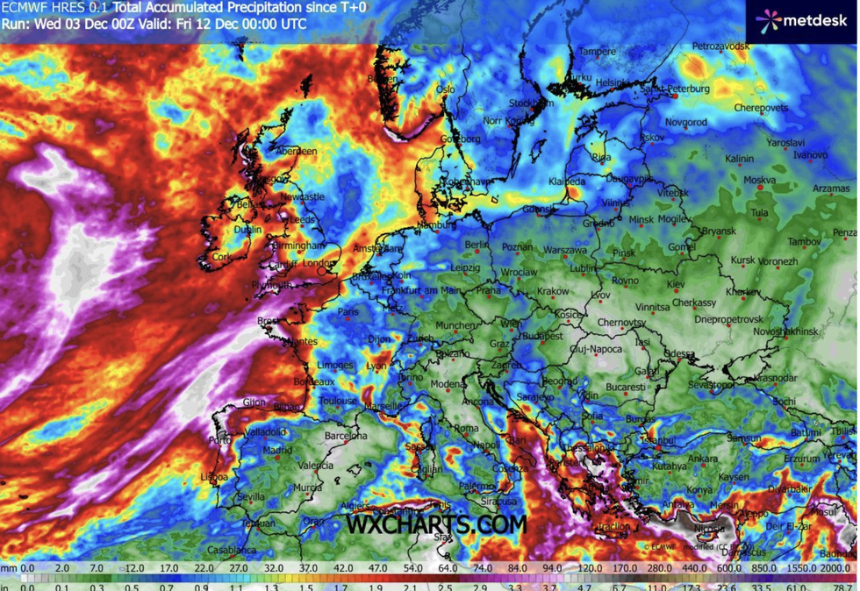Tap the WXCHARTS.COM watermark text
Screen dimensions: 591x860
pos(436,525)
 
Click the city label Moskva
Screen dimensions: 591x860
pos(759,180)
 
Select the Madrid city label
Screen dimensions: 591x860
pos(277,451)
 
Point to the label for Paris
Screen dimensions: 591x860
pos(349,311)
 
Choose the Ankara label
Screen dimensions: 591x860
pos(702,459)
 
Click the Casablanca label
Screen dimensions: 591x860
pos(232,550)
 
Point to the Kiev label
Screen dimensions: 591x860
pos(675,285)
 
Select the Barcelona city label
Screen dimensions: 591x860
pos(346,435)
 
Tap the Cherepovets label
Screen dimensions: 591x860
pos(762,108)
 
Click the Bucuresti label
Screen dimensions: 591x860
pos(626,386)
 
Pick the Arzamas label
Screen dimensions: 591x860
pos(832,189)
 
